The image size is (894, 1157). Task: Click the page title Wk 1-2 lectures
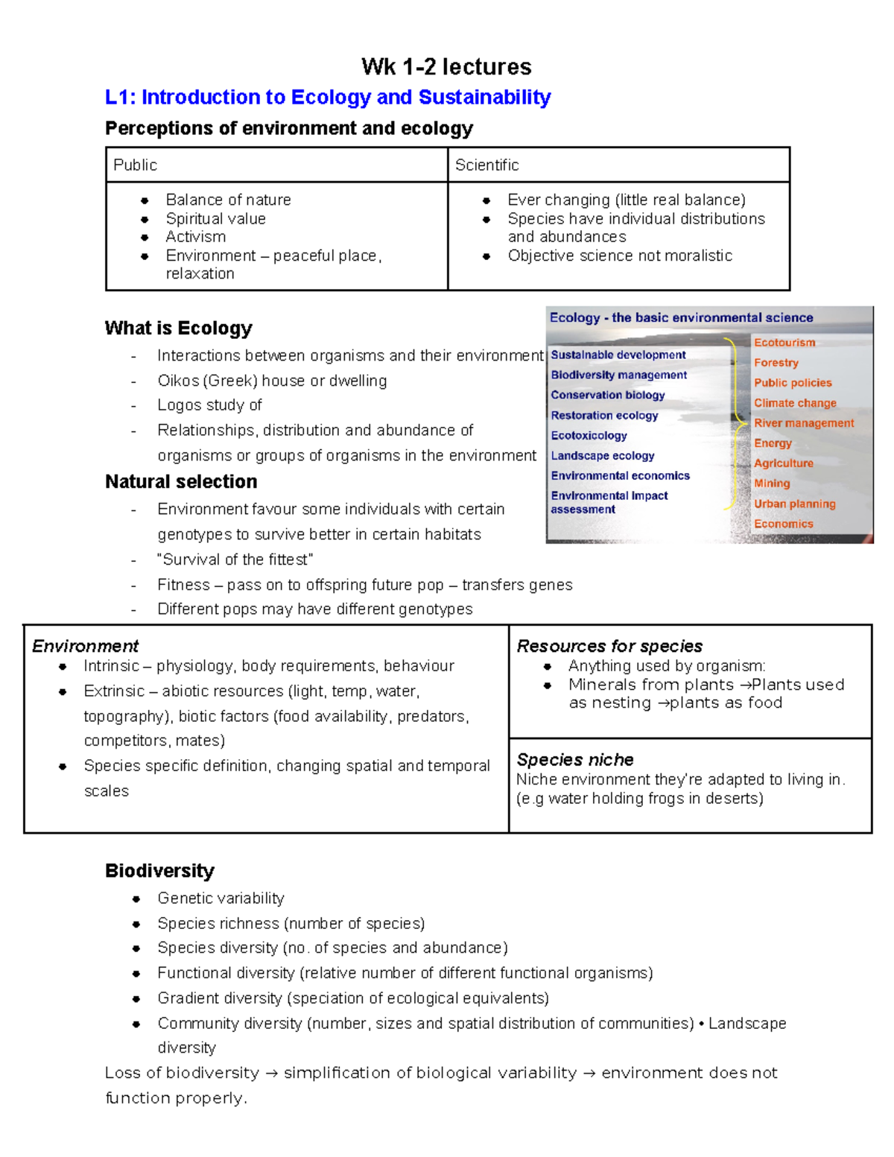[446, 67]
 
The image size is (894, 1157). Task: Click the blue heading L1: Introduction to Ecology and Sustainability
[328, 98]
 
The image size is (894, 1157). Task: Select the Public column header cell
[276, 165]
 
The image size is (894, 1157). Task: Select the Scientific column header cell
[618, 165]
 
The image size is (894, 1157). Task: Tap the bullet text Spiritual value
[215, 219]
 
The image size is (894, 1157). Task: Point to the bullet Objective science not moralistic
[620, 256]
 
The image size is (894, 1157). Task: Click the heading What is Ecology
[179, 329]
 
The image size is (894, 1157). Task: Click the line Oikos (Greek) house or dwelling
[272, 381]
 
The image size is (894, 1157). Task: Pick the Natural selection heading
[181, 482]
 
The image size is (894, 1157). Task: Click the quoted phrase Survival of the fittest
[235, 560]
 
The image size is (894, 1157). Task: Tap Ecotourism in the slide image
[784, 343]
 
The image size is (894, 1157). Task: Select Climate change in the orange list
[795, 403]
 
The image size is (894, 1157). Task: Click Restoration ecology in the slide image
[604, 416]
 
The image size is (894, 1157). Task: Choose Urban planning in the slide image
[794, 504]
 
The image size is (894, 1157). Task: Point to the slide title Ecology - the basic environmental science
[681, 318]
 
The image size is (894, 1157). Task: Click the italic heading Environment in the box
[86, 646]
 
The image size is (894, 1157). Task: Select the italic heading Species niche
[575, 760]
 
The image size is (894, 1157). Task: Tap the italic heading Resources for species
[609, 646]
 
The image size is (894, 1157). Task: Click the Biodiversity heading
[159, 871]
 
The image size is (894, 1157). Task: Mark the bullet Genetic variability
[221, 898]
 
